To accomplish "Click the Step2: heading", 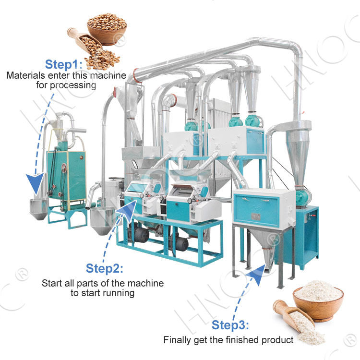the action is click(105, 268).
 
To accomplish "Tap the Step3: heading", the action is click(230, 326).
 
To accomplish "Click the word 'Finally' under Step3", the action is click(177, 340).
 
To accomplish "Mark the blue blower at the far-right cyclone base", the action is click(303, 196).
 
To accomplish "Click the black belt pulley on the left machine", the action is click(63, 168).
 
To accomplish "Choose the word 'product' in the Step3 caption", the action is click(279, 340).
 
